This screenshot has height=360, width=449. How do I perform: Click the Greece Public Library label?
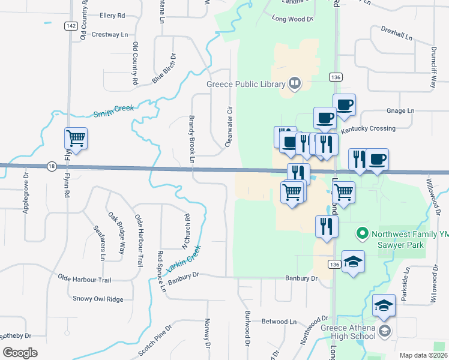[x=246, y=84]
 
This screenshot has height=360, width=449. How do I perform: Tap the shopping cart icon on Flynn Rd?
[x=76, y=139]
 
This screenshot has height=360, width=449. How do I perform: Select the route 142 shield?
[x=71, y=26]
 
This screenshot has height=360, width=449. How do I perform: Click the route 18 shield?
[x=52, y=166]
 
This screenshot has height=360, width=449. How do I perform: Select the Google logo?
[x=20, y=352]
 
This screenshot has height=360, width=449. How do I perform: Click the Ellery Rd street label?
[x=112, y=16]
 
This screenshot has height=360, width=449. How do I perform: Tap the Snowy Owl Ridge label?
[x=98, y=299]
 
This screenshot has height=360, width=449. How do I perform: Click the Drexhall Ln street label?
[x=397, y=33]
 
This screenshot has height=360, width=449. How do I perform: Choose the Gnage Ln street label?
[x=400, y=111]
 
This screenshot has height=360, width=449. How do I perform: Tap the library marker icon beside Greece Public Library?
[x=295, y=83]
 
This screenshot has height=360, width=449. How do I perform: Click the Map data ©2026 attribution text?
[x=423, y=355]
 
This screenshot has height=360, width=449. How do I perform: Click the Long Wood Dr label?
[x=293, y=19]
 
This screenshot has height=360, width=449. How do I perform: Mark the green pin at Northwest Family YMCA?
[x=362, y=233]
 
